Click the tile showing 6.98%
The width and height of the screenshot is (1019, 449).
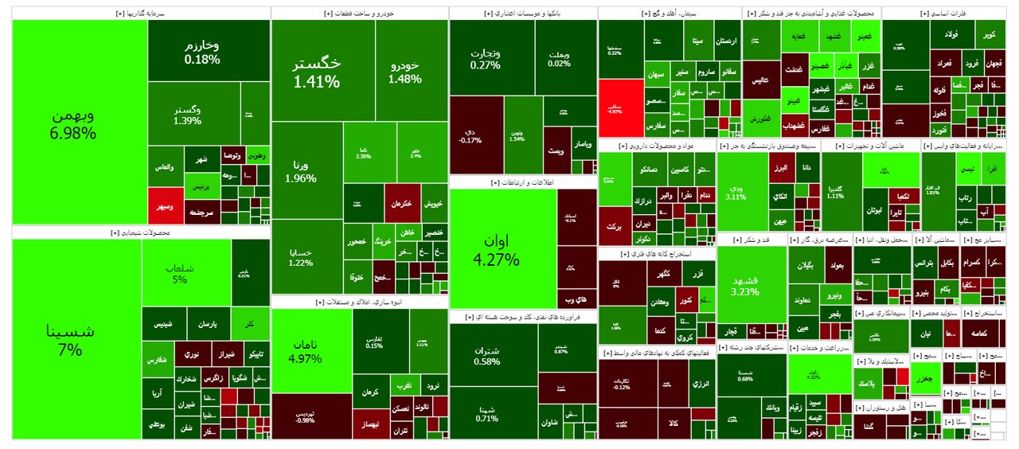[80, 123]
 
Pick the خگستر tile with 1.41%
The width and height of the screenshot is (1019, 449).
[316, 72]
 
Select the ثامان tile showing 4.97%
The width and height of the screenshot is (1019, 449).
[311, 350]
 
